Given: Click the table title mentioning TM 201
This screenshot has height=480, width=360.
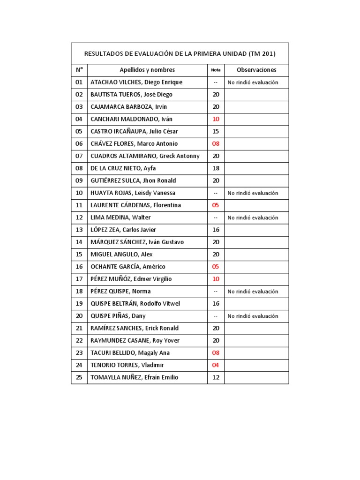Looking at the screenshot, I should coord(180,53).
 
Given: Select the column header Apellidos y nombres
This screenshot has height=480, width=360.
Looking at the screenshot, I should coord(147,70).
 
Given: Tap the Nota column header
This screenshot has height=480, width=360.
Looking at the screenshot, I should coord(216,70).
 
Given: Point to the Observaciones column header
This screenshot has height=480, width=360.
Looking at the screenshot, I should coord(256,70).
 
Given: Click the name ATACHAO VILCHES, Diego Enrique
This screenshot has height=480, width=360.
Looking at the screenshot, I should coord(136,82).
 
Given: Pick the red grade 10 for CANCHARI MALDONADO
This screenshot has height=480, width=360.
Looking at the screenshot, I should coord(216,119).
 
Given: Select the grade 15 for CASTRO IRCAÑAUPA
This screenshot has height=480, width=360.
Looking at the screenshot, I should coord(216,131).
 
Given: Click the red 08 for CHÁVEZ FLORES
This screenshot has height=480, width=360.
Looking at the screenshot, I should coord(216,143).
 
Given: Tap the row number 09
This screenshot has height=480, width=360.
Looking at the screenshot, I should coord(79,180).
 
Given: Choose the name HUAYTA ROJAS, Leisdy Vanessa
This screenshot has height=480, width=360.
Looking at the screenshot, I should coord(133,193).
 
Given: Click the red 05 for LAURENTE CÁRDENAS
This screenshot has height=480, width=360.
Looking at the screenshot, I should coord(216,205).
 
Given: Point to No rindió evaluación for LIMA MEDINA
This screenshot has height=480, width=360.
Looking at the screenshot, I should coord(253,217).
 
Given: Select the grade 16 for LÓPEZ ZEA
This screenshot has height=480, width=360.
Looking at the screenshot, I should coord(216,230).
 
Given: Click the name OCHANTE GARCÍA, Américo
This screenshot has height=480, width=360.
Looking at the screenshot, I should coord(127,267).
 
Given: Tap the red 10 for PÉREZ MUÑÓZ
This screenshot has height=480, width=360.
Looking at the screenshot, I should coord(216,279).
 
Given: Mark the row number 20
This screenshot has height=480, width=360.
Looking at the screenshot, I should coord(79,316).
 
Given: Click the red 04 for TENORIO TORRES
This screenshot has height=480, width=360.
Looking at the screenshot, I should coord(216,365).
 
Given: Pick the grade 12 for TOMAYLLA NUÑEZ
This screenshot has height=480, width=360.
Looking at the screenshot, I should coord(216,377).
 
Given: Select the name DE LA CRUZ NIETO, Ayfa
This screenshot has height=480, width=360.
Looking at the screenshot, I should coord(123,168).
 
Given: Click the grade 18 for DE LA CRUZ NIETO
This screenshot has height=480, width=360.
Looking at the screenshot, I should coord(216,168).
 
